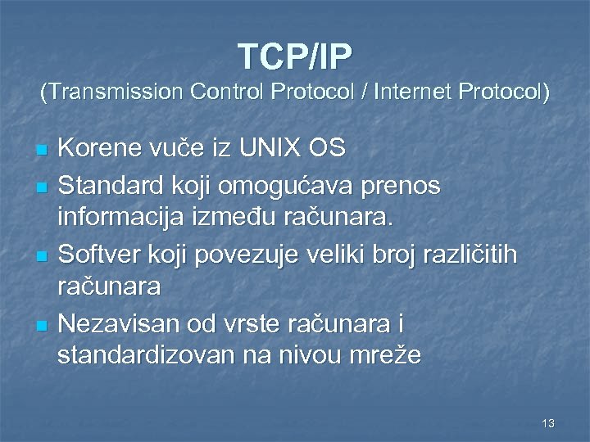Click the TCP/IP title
(x=295, y=56)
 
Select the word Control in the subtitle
(x=218, y=93)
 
